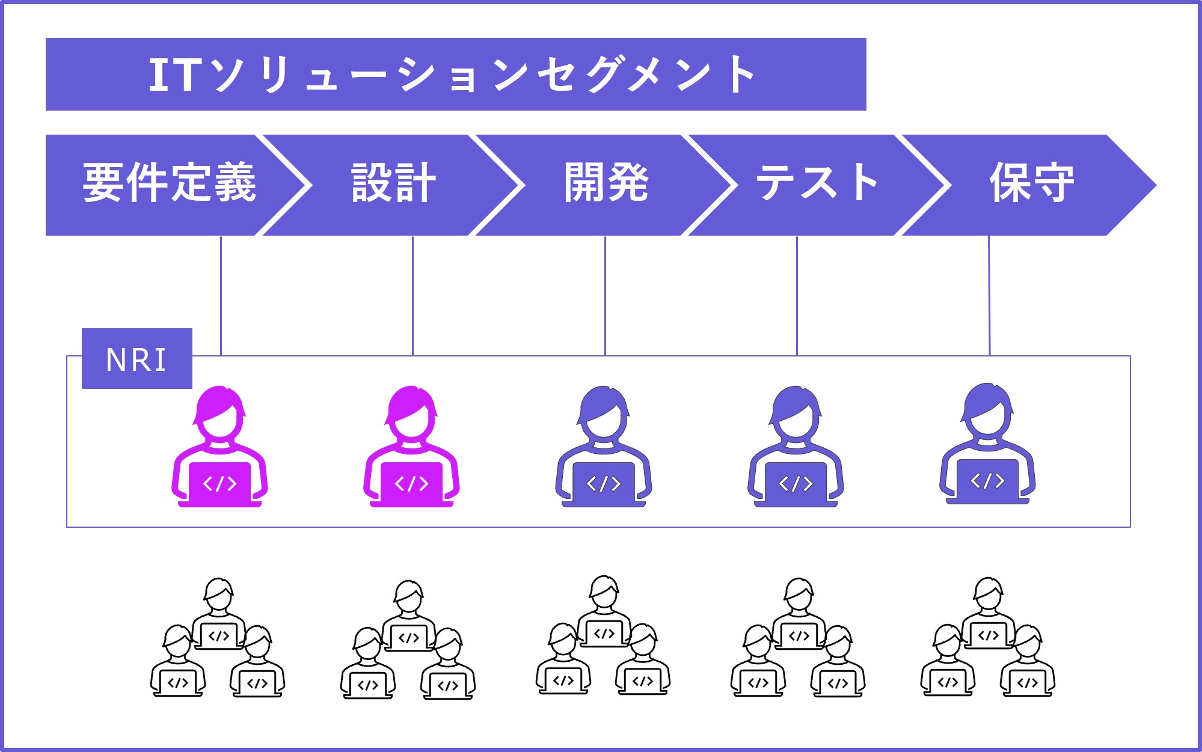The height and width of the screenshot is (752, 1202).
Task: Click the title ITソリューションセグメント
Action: (x=452, y=75)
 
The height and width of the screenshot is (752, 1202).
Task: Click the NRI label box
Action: (x=137, y=359)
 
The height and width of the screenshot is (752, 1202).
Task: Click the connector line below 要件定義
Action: (x=221, y=295)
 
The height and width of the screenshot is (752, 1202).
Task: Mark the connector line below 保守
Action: (x=989, y=295)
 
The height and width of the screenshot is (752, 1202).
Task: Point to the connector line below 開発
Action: (x=605, y=295)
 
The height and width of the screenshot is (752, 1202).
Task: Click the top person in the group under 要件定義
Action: (x=218, y=613)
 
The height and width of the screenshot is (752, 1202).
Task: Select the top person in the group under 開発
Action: (x=604, y=611)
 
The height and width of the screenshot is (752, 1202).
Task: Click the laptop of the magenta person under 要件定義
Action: (x=219, y=483)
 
